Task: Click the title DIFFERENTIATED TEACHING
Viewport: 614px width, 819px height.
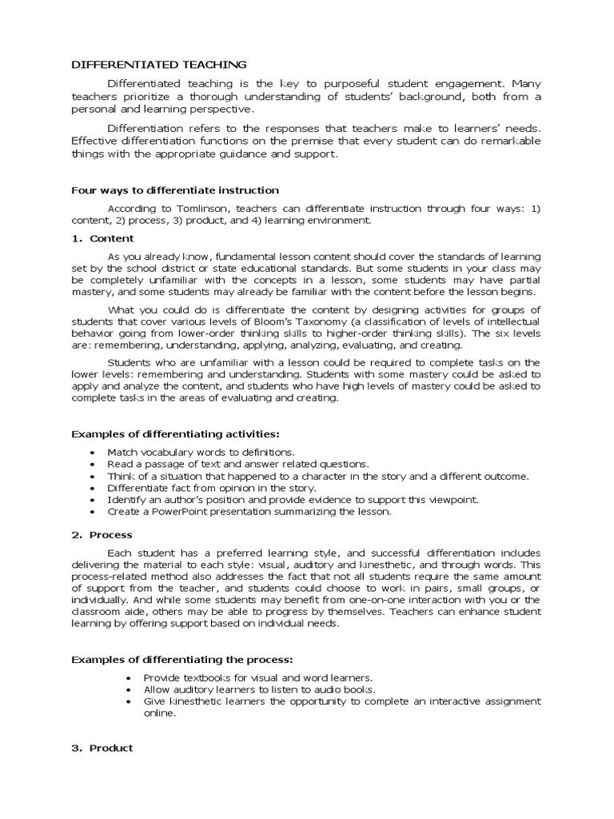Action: pos(159,65)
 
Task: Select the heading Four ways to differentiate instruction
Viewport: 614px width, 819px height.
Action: pos(175,190)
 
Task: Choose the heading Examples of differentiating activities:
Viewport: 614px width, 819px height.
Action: pos(176,433)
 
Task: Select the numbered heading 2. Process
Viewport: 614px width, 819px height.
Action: pos(102,534)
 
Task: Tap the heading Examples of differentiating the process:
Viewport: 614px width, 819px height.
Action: pos(182,659)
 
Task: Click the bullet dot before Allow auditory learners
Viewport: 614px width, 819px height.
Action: pos(129,689)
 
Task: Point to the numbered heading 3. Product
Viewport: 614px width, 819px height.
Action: pos(102,748)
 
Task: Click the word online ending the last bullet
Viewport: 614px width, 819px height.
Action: pos(158,713)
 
